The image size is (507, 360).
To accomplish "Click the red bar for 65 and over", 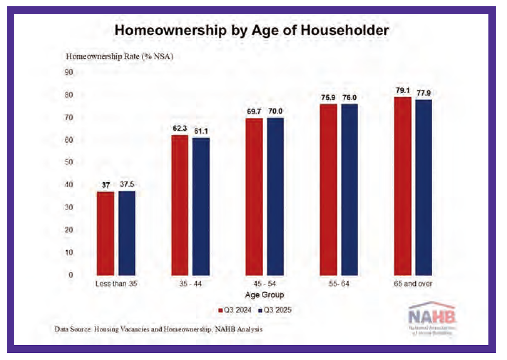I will click(403, 186).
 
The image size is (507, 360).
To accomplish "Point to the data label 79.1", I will click(403, 91).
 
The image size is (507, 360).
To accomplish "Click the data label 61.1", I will click(201, 131).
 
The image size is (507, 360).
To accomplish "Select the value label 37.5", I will click(127, 184).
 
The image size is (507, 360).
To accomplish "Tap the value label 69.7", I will click(254, 111).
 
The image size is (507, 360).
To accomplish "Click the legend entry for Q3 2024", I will click(235, 310).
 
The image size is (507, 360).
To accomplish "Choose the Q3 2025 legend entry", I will click(275, 310).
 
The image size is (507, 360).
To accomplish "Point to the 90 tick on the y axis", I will click(69, 72).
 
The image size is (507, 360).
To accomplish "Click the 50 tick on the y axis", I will click(69, 162).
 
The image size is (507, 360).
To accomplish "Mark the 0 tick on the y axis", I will click(71, 275).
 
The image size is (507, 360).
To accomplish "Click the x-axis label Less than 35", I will click(116, 284).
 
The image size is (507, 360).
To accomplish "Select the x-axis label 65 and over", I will click(413, 284).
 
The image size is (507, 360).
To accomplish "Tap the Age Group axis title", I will click(264, 295).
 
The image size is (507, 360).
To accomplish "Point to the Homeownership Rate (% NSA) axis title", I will click(119, 57).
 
